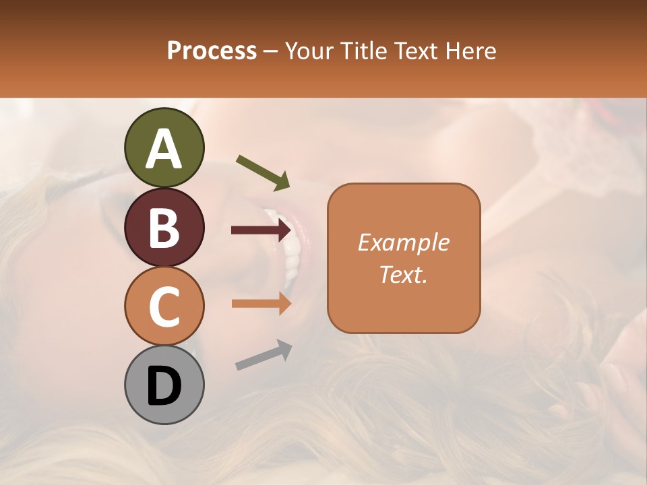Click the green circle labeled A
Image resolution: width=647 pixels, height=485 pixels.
click(164, 148)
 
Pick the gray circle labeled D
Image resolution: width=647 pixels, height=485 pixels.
click(164, 385)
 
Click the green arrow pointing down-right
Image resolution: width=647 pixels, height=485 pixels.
click(263, 172)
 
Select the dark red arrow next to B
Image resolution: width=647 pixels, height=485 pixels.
click(261, 230)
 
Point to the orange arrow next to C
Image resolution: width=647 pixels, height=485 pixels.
click(261, 304)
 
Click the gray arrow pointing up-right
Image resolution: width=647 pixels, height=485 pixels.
click(264, 355)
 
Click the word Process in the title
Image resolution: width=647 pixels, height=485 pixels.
click(212, 51)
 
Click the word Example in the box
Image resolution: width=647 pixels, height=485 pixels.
click(404, 243)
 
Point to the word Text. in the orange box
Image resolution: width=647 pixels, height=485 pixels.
click(404, 274)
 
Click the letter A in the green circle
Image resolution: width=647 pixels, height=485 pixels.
click(164, 149)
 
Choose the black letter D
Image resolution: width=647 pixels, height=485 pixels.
click(164, 386)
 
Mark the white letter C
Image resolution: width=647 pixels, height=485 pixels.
click(164, 306)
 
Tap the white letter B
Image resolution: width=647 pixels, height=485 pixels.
click(164, 228)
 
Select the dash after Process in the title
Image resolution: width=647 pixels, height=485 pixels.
click(271, 51)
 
